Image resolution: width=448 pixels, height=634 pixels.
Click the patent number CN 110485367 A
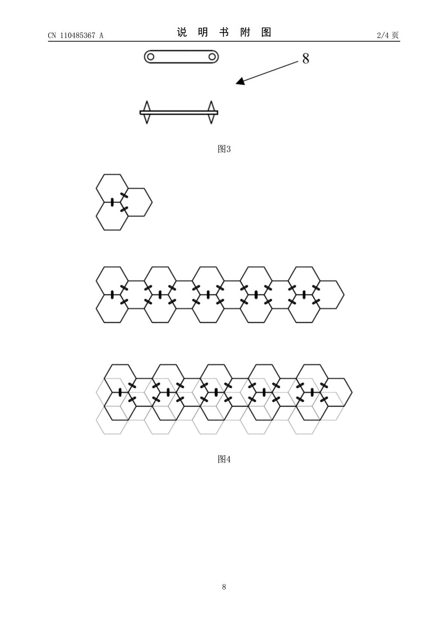[76, 35]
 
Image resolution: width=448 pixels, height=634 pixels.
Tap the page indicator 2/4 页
[388, 35]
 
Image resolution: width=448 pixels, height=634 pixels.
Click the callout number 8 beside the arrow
[306, 59]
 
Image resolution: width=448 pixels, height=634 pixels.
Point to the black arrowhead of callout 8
[240, 82]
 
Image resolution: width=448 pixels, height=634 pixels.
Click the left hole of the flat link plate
[151, 57]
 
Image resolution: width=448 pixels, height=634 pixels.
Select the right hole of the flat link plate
[212, 57]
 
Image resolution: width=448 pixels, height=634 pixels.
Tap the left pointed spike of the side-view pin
[146, 112]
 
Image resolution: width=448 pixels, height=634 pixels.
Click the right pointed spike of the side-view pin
[211, 112]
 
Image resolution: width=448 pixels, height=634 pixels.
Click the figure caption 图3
[224, 149]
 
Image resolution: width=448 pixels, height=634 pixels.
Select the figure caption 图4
[224, 459]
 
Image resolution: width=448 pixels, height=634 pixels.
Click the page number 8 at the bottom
[224, 587]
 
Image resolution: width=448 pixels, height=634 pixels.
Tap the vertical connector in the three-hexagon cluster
[112, 202]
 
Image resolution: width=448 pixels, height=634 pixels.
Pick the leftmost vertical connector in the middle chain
[112, 295]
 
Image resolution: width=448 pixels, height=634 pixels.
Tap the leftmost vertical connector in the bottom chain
[120, 392]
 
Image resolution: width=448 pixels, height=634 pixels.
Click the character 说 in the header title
[182, 32]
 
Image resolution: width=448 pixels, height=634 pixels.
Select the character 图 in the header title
[266, 32]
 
